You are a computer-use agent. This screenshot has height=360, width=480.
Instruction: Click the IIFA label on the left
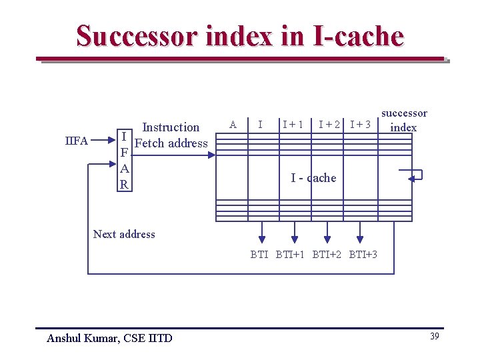77,141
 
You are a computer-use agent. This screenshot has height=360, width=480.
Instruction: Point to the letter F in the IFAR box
123,153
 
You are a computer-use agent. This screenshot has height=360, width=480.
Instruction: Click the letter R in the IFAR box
123,185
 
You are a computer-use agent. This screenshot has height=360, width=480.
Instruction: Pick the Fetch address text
171,143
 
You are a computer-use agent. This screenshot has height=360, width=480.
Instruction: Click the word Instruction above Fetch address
171,127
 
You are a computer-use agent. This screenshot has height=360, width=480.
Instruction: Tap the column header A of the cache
233,124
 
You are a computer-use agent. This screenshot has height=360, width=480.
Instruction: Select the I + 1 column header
293,124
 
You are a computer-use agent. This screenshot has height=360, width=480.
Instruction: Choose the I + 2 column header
329,124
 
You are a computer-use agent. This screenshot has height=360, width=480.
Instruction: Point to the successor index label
403,120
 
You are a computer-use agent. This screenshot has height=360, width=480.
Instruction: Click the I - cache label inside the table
313,178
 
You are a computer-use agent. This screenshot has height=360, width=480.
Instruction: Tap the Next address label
124,234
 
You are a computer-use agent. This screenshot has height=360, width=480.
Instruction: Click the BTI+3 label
363,254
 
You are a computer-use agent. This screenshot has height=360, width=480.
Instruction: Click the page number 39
434,336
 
